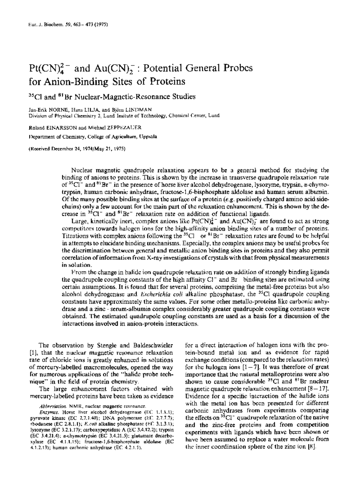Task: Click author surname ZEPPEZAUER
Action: coord(121,127)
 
